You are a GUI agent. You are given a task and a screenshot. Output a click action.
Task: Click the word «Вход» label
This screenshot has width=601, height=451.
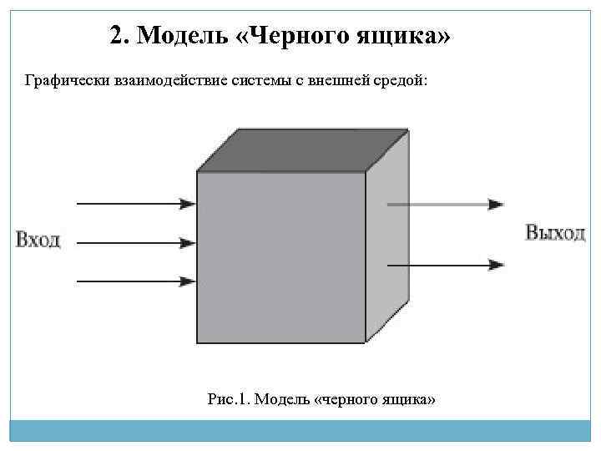point(38,240)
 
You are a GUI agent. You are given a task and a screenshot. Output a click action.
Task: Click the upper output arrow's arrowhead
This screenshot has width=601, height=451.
point(497,204)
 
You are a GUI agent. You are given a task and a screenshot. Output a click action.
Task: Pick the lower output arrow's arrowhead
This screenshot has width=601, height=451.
point(497,265)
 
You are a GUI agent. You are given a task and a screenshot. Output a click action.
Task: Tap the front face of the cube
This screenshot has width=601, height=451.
point(280,256)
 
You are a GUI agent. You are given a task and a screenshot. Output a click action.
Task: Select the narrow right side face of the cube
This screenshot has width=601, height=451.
point(388,242)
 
